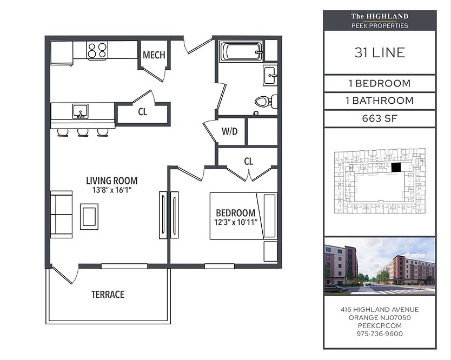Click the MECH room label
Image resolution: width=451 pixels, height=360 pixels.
(154, 55)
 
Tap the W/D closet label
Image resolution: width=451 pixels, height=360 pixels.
(229, 131)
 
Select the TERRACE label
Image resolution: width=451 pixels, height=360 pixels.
(108, 295)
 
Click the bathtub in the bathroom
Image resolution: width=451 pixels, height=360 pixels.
(241, 52)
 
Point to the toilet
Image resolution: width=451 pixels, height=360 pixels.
(266, 101)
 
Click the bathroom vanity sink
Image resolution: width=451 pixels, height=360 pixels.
(270, 75)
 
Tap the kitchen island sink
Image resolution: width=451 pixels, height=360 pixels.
(80, 111)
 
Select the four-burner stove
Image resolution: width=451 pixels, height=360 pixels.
(97, 50)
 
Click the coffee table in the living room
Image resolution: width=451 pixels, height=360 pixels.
(89, 217)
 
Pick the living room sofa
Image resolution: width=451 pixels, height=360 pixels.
(61, 215)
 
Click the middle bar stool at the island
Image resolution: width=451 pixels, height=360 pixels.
(83, 132)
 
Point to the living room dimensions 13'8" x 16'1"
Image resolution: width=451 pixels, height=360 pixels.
(112, 190)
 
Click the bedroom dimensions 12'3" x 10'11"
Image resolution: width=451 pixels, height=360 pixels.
(235, 222)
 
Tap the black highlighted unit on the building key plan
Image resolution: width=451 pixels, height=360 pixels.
(396, 168)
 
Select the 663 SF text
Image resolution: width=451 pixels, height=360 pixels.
(380, 118)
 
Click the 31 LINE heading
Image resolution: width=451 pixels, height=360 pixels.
(380, 52)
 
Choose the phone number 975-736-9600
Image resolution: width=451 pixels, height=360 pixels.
(380, 334)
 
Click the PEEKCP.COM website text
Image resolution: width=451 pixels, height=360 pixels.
(380, 326)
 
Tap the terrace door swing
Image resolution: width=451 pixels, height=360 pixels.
(65, 274)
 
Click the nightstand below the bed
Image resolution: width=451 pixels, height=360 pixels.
(270, 251)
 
